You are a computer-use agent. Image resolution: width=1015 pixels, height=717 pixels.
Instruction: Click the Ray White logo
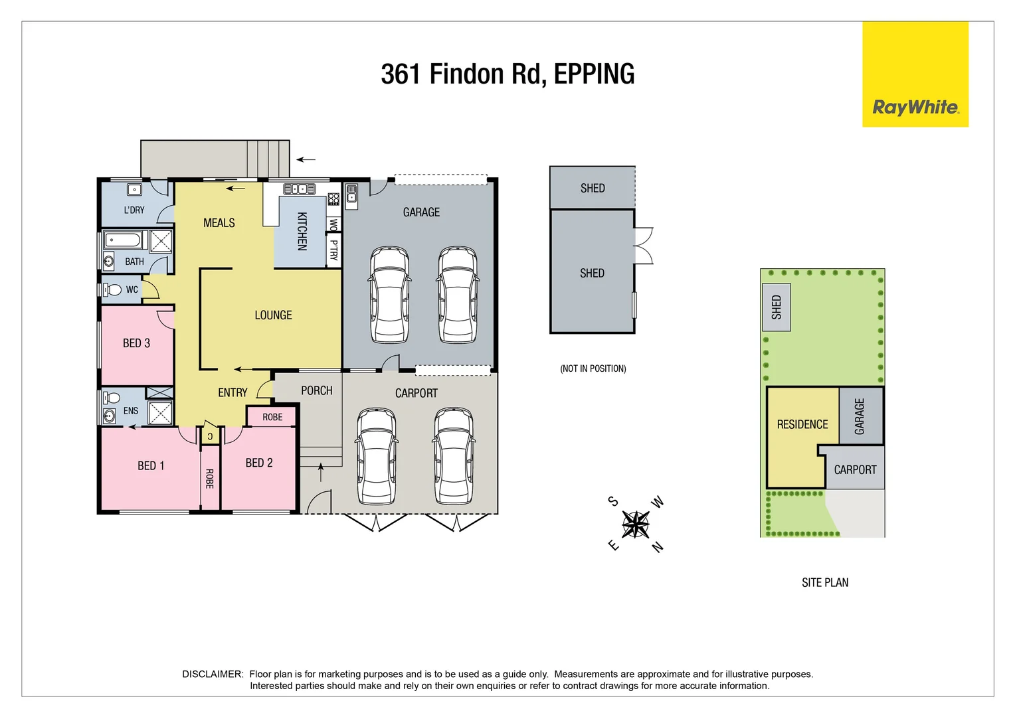pyautogui.click(x=915, y=107)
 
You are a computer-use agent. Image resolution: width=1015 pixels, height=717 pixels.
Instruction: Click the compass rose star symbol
pyautogui.click(x=636, y=524)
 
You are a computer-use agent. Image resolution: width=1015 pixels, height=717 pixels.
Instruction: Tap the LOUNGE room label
pyautogui.click(x=273, y=315)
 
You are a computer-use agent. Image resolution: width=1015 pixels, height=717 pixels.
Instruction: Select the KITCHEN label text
pyautogui.click(x=302, y=231)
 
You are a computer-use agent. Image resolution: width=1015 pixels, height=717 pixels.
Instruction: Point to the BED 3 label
pyautogui.click(x=136, y=343)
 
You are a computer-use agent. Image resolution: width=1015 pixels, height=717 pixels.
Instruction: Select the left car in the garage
pyautogui.click(x=389, y=295)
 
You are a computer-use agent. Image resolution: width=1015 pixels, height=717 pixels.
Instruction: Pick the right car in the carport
pyautogui.click(x=455, y=456)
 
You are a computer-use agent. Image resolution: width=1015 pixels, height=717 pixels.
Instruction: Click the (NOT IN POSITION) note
pyautogui.click(x=593, y=368)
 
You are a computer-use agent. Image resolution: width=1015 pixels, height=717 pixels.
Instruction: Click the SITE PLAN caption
pyautogui.click(x=824, y=583)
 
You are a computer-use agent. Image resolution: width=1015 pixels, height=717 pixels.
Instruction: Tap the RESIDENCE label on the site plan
pyautogui.click(x=802, y=424)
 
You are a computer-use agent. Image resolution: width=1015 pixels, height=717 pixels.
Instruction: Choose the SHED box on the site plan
pyautogui.click(x=776, y=307)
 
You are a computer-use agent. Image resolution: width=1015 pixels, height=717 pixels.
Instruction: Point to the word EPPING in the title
pyautogui.click(x=594, y=74)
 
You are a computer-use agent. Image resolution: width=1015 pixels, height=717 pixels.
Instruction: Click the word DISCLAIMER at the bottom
pyautogui.click(x=213, y=674)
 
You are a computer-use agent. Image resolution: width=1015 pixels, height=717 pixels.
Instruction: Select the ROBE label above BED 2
pyautogui.click(x=272, y=417)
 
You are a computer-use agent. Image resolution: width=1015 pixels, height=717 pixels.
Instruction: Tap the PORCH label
pyautogui.click(x=316, y=390)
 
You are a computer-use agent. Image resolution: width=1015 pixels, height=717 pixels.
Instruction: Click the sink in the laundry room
pyautogui.click(x=134, y=190)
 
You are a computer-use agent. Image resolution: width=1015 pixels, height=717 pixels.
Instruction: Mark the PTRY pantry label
pyautogui.click(x=333, y=250)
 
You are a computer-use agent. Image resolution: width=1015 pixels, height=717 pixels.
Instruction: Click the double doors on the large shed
pyautogui.click(x=644, y=246)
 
